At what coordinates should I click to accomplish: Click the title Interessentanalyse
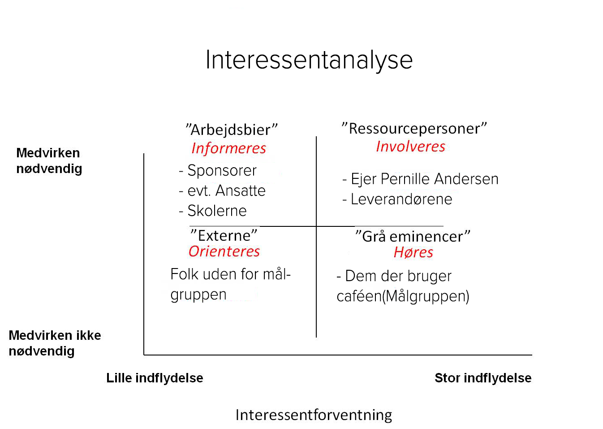(x=309, y=60)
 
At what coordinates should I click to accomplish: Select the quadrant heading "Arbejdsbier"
(x=232, y=130)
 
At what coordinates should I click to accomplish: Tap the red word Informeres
(x=228, y=148)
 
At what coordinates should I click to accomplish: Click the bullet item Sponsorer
(x=222, y=170)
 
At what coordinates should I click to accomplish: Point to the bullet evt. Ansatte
(x=226, y=191)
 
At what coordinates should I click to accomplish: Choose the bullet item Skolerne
(x=217, y=211)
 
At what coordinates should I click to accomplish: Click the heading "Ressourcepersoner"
(x=414, y=128)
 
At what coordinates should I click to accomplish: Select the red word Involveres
(x=410, y=146)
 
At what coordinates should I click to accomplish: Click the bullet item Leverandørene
(x=401, y=199)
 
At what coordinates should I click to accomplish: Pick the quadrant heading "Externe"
(x=224, y=235)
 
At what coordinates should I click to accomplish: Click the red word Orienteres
(x=224, y=251)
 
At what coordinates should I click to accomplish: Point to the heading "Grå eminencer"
(x=413, y=236)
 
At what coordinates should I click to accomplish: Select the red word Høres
(x=413, y=252)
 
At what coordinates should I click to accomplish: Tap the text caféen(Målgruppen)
(x=403, y=296)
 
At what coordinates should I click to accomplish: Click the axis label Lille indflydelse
(x=155, y=378)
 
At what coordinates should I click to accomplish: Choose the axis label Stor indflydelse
(x=483, y=378)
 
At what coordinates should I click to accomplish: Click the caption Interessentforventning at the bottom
(x=314, y=415)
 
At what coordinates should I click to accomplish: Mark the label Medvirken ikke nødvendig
(x=55, y=343)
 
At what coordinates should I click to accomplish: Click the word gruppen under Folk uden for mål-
(x=198, y=295)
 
